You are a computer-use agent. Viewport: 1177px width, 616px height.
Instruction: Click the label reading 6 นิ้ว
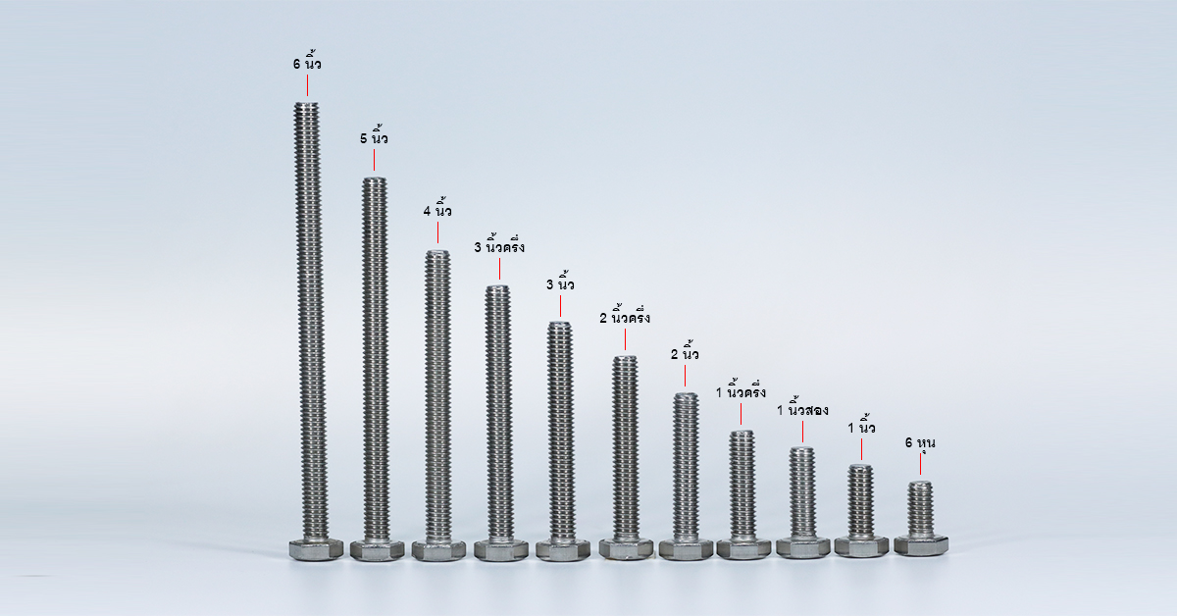point(307,62)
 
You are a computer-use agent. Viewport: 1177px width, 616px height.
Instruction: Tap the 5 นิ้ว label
point(374,136)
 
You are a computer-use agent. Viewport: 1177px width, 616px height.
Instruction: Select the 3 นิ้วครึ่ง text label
point(499,245)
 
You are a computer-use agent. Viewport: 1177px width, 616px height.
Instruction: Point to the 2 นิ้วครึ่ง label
point(625,316)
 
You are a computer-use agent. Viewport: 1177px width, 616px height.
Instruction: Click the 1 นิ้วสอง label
point(802,408)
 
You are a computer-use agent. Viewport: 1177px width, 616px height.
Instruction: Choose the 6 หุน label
point(920,443)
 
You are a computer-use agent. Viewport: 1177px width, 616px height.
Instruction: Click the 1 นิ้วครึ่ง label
point(741,390)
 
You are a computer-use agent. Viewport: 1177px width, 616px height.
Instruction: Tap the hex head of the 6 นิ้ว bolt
point(316,549)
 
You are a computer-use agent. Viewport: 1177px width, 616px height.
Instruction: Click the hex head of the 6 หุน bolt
point(921,545)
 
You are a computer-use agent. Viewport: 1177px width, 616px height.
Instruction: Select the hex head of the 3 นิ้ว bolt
point(563,549)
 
